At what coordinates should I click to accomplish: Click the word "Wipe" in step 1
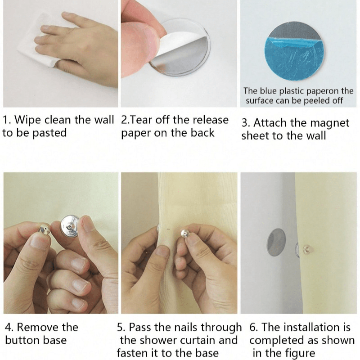(28, 120)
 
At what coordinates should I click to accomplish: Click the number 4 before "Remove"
(8, 328)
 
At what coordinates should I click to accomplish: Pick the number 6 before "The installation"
(253, 328)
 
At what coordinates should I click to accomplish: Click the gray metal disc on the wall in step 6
(276, 243)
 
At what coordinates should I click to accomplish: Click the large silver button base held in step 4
(69, 226)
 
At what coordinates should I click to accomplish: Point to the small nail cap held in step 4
(44, 229)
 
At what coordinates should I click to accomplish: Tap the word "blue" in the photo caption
(268, 91)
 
